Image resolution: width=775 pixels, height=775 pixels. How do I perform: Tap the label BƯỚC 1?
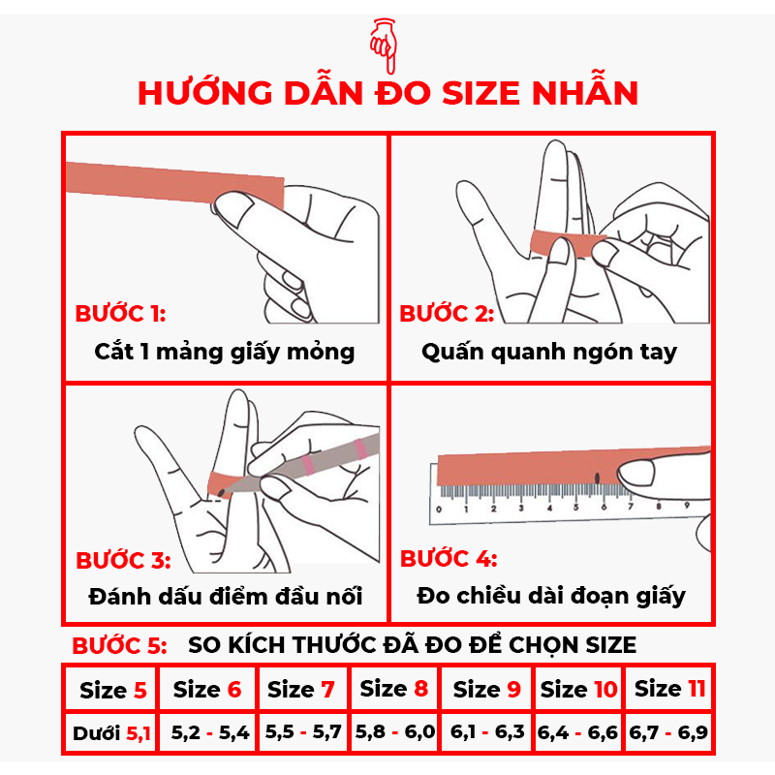click(x=120, y=314)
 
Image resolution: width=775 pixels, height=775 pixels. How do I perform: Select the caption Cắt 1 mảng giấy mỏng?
click(x=225, y=351)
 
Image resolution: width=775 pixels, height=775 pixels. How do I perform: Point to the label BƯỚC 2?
click(x=447, y=314)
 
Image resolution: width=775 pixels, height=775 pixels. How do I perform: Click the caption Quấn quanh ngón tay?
click(x=549, y=351)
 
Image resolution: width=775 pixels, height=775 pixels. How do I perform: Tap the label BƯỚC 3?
click(x=123, y=561)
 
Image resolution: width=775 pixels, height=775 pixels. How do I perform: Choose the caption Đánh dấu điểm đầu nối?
click(x=225, y=596)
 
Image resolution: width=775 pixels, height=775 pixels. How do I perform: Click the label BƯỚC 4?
click(x=449, y=559)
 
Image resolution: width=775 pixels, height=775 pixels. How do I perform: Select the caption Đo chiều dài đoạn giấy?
click(x=551, y=596)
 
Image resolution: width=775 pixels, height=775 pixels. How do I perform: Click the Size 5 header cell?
click(x=112, y=691)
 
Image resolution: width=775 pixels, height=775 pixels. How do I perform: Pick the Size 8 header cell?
click(x=393, y=690)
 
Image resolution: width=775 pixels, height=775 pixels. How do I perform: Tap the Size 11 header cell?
click(x=669, y=690)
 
